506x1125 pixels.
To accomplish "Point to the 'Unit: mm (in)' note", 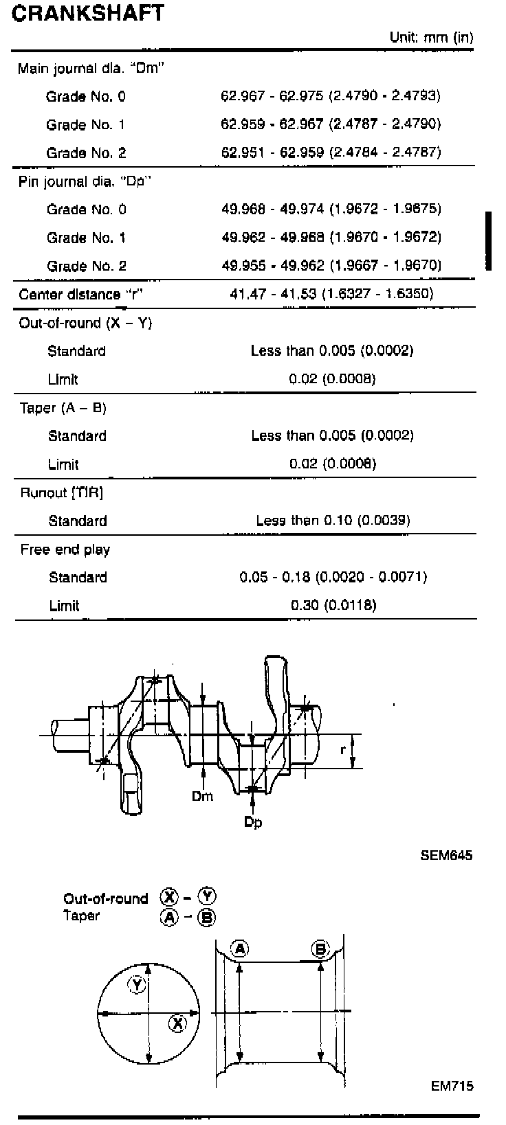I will (431, 38).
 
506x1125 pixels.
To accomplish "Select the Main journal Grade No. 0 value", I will (331, 95).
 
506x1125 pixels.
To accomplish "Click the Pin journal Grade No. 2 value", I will (331, 265).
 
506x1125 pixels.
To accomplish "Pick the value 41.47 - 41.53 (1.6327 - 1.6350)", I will (331, 294).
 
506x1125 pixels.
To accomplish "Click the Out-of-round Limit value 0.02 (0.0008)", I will (333, 378).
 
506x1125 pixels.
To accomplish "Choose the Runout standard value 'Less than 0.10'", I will (333, 520).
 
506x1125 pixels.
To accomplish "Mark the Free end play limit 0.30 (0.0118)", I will (333, 605).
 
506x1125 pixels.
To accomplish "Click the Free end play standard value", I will (333, 577).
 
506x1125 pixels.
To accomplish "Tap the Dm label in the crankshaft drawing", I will (202, 796).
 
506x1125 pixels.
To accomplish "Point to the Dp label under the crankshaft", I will (253, 822).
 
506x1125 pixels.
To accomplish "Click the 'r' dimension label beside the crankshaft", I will (342, 750).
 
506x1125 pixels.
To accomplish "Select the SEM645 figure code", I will (447, 856).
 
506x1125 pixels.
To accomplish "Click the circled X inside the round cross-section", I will (177, 1024).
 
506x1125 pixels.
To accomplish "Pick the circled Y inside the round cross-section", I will (137, 986).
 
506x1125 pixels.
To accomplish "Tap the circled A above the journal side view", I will (239, 949).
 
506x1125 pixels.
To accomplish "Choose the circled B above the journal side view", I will (320, 949).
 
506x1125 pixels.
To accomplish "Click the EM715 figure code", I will (452, 1086).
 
